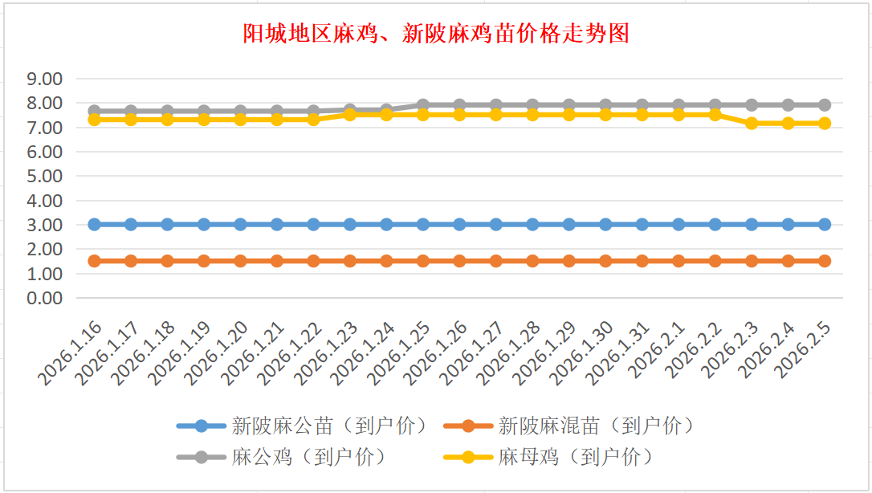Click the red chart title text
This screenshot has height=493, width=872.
[x=436, y=33]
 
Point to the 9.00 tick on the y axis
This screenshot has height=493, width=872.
[x=45, y=79]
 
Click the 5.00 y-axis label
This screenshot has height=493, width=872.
[x=45, y=176]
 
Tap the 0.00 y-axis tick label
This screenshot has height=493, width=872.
[x=45, y=298]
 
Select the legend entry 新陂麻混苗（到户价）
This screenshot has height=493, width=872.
[x=595, y=425]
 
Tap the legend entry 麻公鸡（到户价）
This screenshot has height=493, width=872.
[x=308, y=457]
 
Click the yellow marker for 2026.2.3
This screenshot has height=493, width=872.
[x=752, y=124]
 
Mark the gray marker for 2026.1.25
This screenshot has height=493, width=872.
[x=423, y=105]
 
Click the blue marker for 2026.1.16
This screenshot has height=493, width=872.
[x=94, y=225]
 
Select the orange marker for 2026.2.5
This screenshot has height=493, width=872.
[x=825, y=261]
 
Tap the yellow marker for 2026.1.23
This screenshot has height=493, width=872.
[x=350, y=115]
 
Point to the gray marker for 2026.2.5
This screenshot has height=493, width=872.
[x=825, y=105]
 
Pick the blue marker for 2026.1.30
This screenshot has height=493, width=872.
[x=605, y=225]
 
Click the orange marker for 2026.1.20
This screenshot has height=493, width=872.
[x=240, y=261]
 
